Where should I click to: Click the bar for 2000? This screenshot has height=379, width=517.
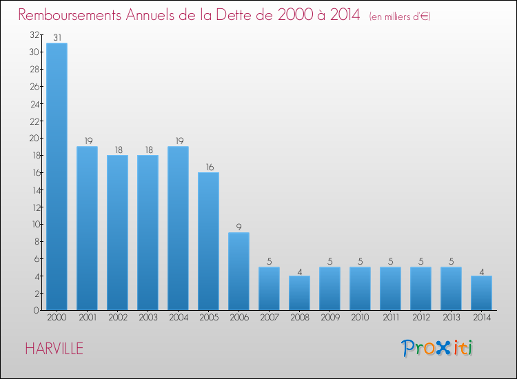(x=57, y=176)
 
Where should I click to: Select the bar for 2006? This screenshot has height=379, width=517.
(x=239, y=271)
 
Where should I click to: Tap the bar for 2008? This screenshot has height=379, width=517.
(x=299, y=293)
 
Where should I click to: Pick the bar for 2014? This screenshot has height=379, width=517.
(x=481, y=293)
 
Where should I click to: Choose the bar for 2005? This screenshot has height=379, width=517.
(x=208, y=241)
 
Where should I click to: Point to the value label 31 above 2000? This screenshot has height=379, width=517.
(x=57, y=37)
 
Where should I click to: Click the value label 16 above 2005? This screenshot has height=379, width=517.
(x=208, y=166)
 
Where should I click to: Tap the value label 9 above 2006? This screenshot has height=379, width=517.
(x=239, y=227)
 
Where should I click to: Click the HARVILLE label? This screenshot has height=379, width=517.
(x=54, y=349)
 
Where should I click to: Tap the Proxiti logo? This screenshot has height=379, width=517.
(x=437, y=348)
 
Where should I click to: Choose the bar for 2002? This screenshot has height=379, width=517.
(x=117, y=232)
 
